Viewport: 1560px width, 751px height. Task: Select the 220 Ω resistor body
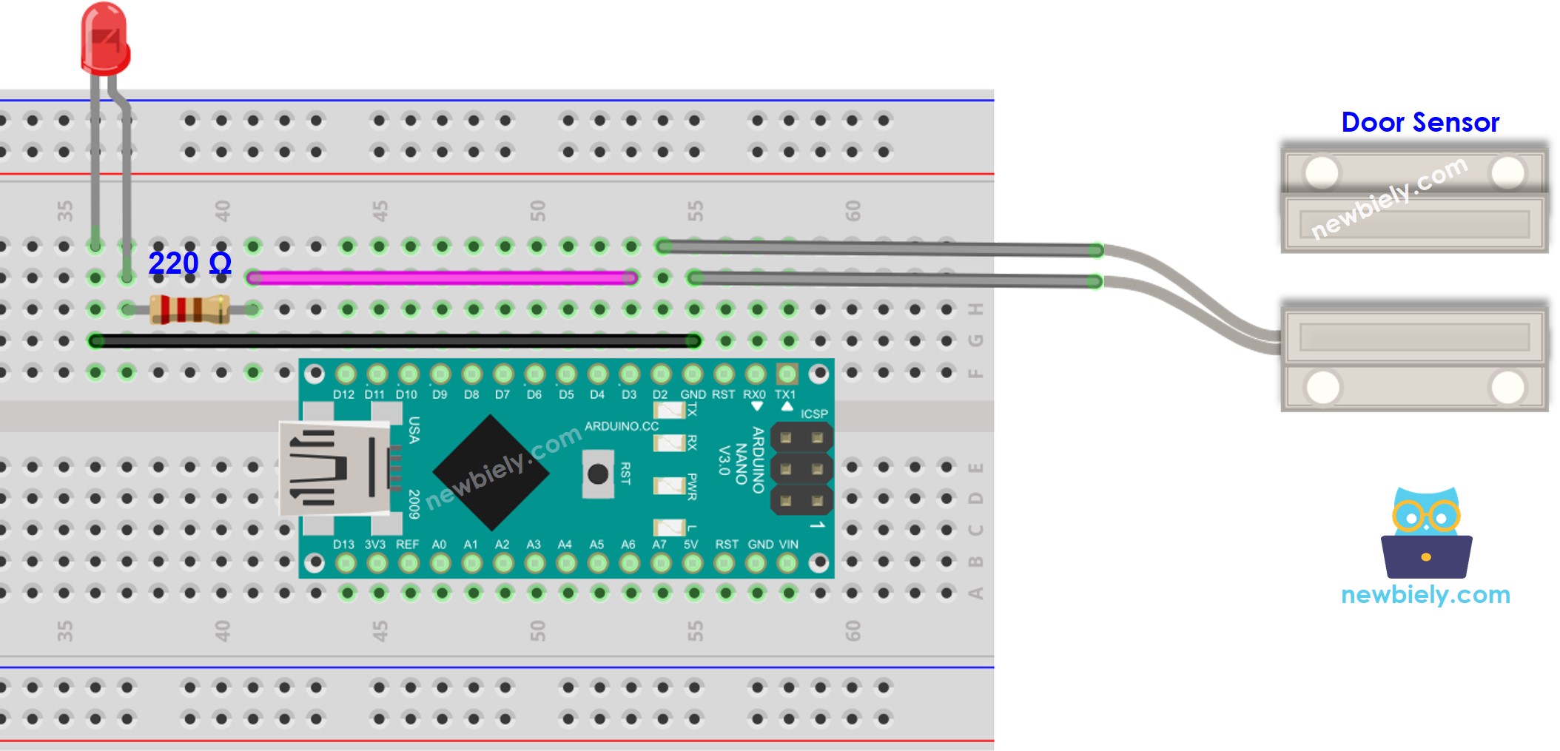[189, 309]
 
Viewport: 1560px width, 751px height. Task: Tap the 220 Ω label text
[189, 263]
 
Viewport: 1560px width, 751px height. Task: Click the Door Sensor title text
[1419, 122]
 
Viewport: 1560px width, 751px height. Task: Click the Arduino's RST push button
[597, 474]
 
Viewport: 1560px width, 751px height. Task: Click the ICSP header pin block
[801, 469]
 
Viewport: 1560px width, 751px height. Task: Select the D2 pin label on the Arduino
[659, 394]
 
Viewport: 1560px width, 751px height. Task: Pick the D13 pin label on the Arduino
[343, 544]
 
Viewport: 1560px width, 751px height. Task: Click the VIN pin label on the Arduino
[789, 544]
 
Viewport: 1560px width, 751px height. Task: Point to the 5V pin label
[690, 544]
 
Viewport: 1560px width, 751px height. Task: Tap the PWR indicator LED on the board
[669, 485]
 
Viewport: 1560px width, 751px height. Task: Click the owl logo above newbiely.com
[1426, 533]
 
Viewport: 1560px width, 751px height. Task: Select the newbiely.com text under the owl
[1425, 594]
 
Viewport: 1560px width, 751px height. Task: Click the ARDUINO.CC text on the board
[621, 426]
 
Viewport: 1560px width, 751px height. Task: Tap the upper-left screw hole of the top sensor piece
[1322, 172]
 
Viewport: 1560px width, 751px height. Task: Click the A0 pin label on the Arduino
[439, 544]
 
